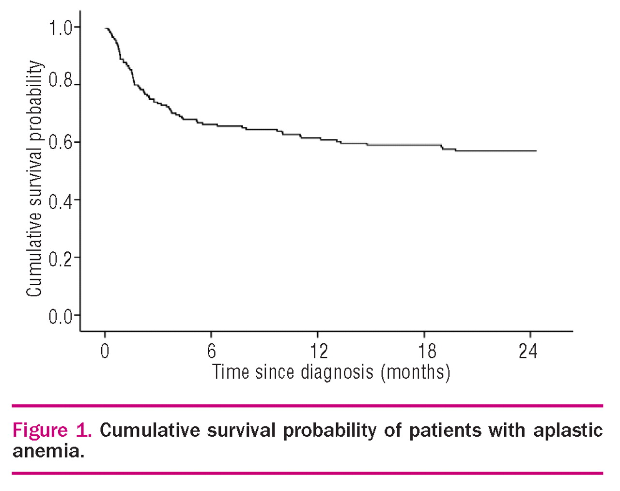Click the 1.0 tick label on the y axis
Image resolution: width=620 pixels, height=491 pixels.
(x=60, y=28)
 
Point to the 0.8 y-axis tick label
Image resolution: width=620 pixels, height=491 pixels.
(x=60, y=81)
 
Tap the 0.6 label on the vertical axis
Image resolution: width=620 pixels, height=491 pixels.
(x=60, y=142)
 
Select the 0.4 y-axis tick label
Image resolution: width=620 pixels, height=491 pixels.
(x=60, y=200)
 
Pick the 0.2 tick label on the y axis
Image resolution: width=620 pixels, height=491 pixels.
(x=60, y=258)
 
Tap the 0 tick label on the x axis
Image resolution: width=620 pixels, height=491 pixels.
(x=105, y=351)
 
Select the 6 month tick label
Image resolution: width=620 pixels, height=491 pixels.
(x=211, y=351)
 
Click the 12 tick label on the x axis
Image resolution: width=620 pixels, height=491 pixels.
(x=318, y=351)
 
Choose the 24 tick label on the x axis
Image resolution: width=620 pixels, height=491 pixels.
(x=527, y=351)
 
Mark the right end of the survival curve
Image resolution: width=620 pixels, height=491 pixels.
(x=536, y=151)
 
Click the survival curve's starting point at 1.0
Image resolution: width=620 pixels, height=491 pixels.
(x=106, y=29)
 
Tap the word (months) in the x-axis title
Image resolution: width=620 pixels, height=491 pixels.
(x=415, y=372)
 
